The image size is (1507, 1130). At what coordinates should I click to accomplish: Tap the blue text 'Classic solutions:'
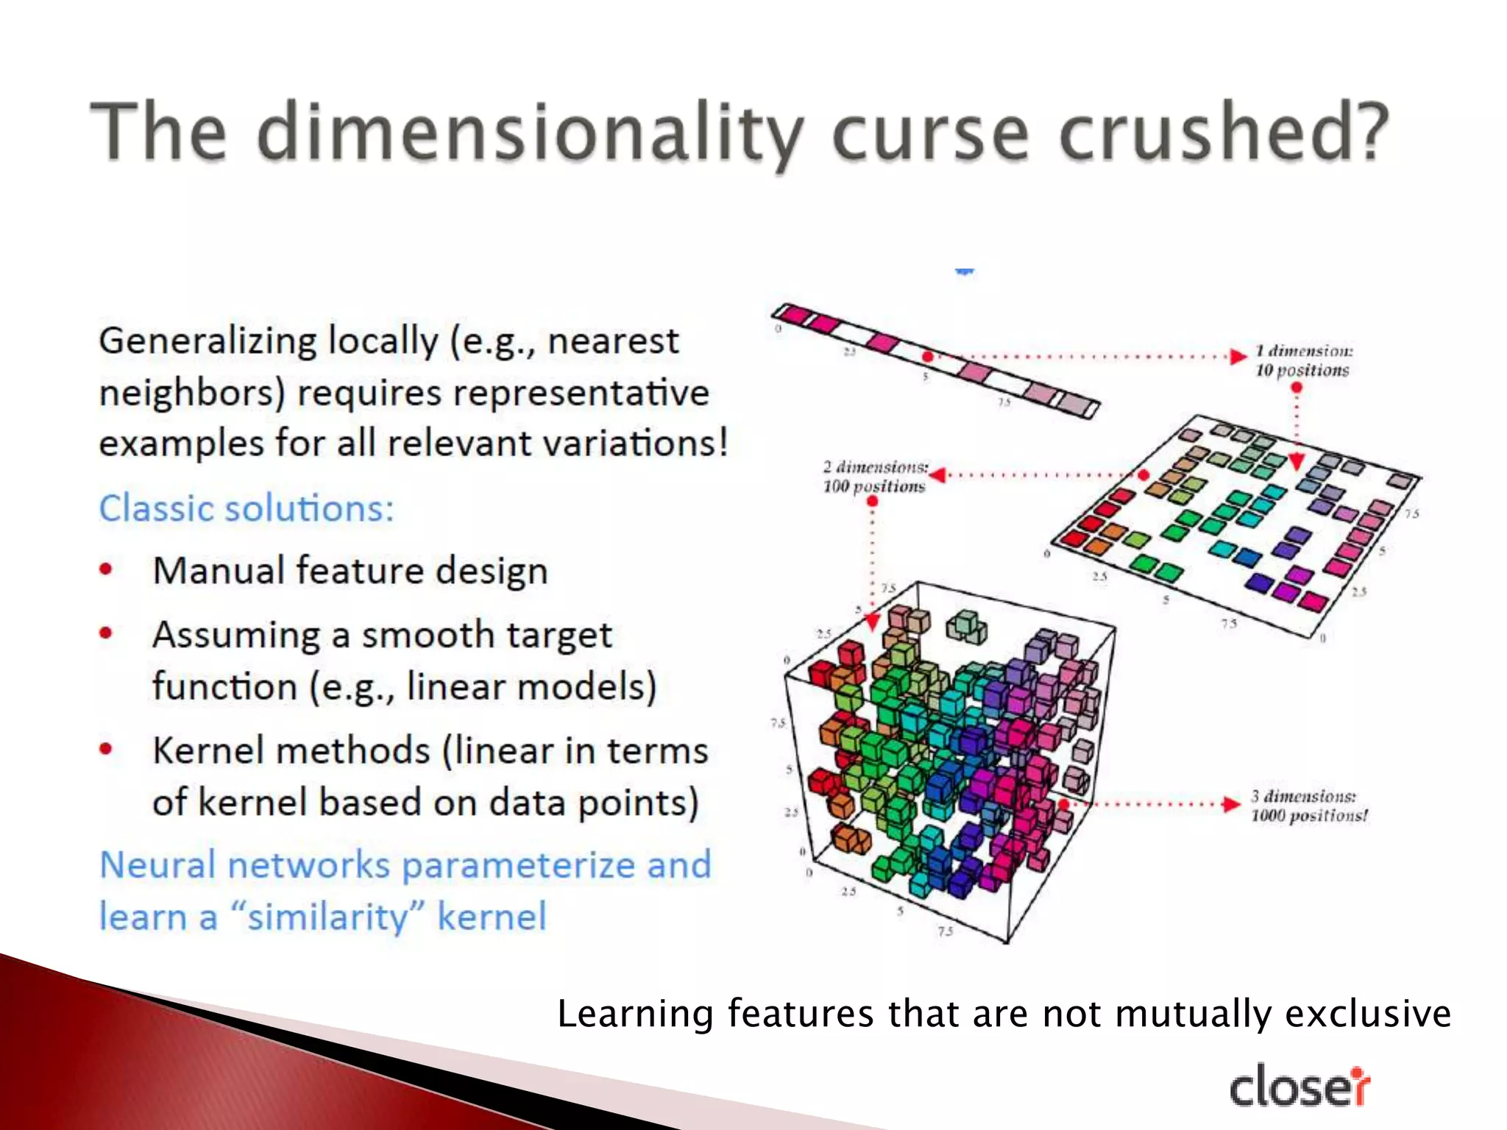247,508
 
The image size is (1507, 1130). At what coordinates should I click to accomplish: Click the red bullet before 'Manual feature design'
107,569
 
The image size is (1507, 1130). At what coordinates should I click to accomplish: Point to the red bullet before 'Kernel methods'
107,749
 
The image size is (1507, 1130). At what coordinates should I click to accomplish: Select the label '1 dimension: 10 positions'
1302,360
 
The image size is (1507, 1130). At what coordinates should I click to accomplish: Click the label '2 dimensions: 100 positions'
874,476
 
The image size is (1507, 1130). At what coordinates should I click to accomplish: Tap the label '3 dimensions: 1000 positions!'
1308,806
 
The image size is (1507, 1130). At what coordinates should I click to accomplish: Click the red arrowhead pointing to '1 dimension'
1239,357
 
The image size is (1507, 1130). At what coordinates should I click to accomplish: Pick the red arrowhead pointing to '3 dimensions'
1232,804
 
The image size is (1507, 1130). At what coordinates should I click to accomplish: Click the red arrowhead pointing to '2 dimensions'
938,475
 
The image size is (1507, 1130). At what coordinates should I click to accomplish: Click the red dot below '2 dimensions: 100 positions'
873,502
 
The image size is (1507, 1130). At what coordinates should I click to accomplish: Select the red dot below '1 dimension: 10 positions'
1297,388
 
